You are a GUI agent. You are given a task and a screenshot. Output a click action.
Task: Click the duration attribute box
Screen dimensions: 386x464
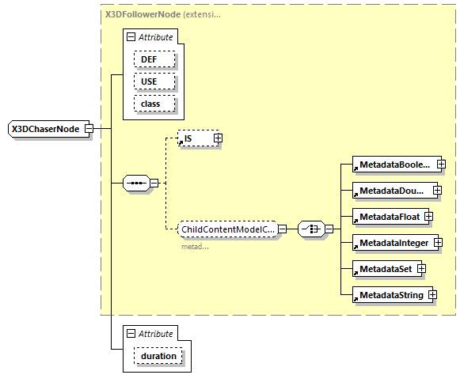158,357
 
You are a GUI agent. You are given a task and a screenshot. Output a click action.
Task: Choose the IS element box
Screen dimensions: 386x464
194,138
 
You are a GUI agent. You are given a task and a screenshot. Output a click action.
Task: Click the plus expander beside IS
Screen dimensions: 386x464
218,138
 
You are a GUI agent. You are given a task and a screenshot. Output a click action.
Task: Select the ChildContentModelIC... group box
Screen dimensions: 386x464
227,229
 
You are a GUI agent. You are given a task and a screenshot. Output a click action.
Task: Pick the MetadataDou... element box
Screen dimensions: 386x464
389,191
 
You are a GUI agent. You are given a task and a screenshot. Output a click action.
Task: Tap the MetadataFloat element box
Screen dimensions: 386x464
386,216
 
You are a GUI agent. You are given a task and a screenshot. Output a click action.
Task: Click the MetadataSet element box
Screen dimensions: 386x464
382,269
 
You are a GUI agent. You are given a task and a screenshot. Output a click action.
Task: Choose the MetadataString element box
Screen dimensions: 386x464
390,295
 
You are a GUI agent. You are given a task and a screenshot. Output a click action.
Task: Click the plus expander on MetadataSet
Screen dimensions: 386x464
422,269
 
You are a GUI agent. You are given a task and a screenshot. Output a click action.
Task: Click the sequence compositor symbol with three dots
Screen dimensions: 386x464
137,184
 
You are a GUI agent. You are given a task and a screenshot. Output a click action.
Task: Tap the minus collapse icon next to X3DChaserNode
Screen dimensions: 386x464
89,128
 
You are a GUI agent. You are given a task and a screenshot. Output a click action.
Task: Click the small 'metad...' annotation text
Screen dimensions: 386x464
195,246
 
